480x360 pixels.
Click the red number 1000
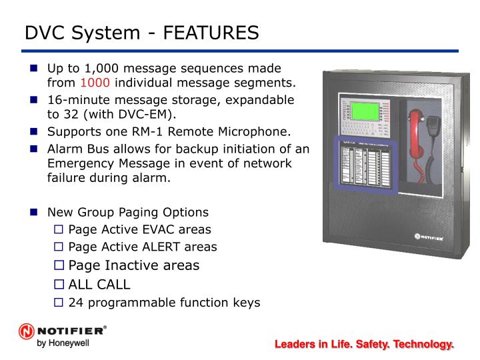(x=94, y=83)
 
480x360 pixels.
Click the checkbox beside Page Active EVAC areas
(x=58, y=230)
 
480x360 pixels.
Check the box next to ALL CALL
(x=58, y=285)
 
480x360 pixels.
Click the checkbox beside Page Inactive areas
(x=58, y=265)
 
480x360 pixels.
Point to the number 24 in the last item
(x=77, y=303)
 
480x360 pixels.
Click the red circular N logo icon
(x=26, y=332)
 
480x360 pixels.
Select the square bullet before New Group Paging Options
(x=34, y=213)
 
